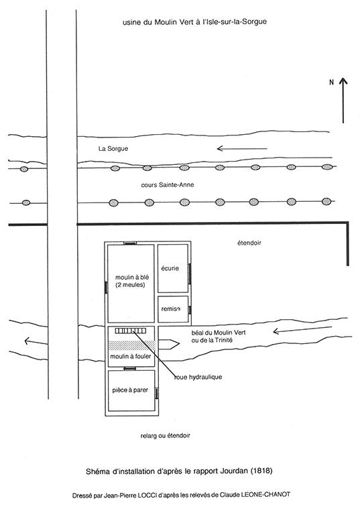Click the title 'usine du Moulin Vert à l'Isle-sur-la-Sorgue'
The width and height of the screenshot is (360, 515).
[194, 22]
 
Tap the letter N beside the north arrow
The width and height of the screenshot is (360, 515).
[331, 82]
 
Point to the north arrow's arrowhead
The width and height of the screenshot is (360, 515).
[343, 81]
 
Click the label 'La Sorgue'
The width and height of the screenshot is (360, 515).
[113, 148]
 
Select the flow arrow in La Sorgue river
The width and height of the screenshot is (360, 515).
[242, 148]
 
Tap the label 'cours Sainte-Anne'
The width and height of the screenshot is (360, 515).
[168, 185]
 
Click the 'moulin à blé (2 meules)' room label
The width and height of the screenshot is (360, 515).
[131, 281]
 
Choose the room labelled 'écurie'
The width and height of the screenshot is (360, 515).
[173, 268]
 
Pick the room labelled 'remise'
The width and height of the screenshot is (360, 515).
[173, 309]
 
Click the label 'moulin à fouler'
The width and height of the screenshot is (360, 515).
[131, 356]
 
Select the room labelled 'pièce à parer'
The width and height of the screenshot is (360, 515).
[131, 390]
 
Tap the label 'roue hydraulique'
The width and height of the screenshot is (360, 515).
[198, 377]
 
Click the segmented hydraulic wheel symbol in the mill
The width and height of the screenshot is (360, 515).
[130, 331]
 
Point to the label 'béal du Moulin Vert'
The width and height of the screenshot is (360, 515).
[219, 333]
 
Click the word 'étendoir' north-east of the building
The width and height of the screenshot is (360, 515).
[249, 243]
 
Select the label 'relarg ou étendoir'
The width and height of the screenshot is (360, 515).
[165, 436]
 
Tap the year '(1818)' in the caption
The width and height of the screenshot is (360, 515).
[261, 471]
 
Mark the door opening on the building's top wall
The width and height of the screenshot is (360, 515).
[130, 243]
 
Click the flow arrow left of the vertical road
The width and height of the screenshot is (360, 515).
[36, 341]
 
